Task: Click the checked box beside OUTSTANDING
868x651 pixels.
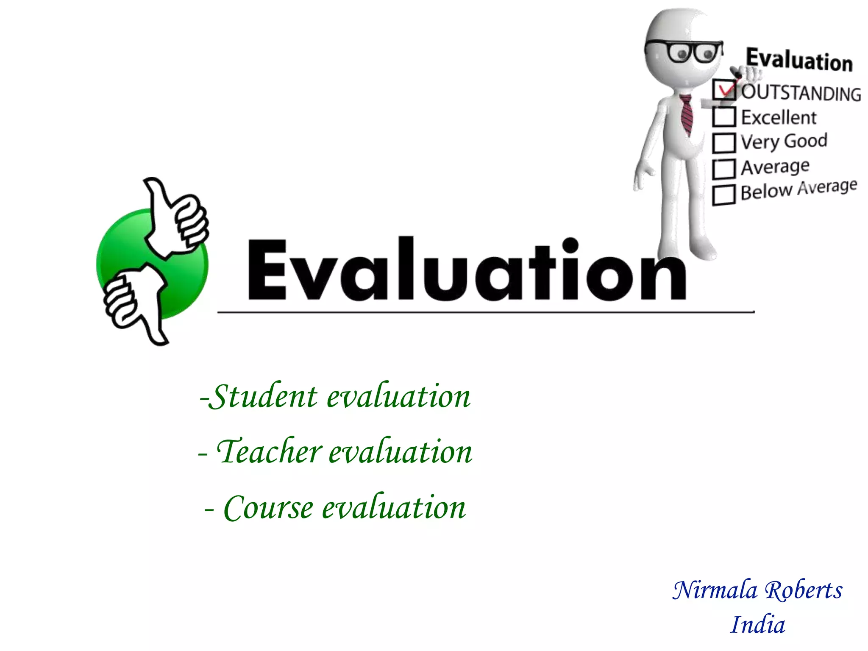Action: point(724,90)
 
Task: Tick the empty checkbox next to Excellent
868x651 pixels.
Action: point(724,117)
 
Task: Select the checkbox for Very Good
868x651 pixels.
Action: point(724,143)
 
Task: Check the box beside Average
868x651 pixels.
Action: point(724,169)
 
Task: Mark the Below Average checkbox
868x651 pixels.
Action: point(724,195)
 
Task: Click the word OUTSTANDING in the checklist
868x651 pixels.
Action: point(801,93)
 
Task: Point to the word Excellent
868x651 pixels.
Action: point(779,117)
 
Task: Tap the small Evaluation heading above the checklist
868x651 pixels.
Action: point(799,60)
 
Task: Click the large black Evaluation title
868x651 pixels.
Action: point(466,270)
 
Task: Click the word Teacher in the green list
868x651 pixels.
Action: point(270,451)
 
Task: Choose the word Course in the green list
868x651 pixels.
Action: point(269,507)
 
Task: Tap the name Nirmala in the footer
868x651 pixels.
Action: point(715,590)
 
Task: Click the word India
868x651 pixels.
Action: point(758,625)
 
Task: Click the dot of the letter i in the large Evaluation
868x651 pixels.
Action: point(570,245)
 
